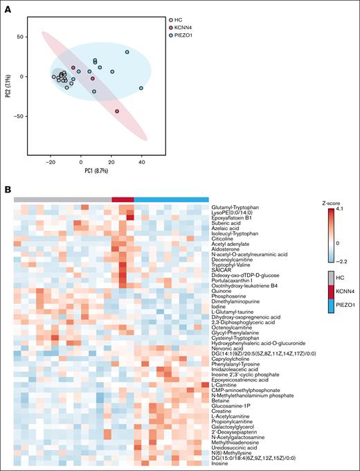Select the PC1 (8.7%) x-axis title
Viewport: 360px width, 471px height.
tap(96, 170)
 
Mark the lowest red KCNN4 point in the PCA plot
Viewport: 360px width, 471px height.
tap(117, 112)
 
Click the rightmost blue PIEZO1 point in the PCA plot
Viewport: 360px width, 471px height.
tap(141, 88)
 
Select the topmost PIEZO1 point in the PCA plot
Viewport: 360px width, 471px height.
tap(127, 52)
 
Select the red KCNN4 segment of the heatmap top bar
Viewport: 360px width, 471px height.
tap(123, 199)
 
